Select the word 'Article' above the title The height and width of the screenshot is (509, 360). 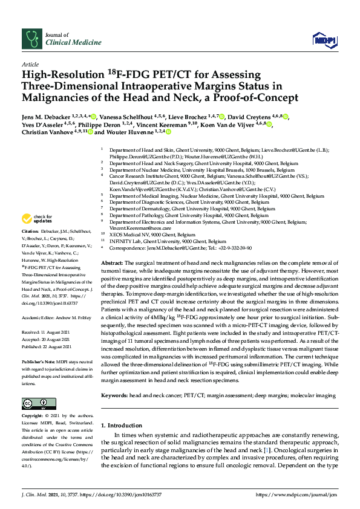(30, 63)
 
